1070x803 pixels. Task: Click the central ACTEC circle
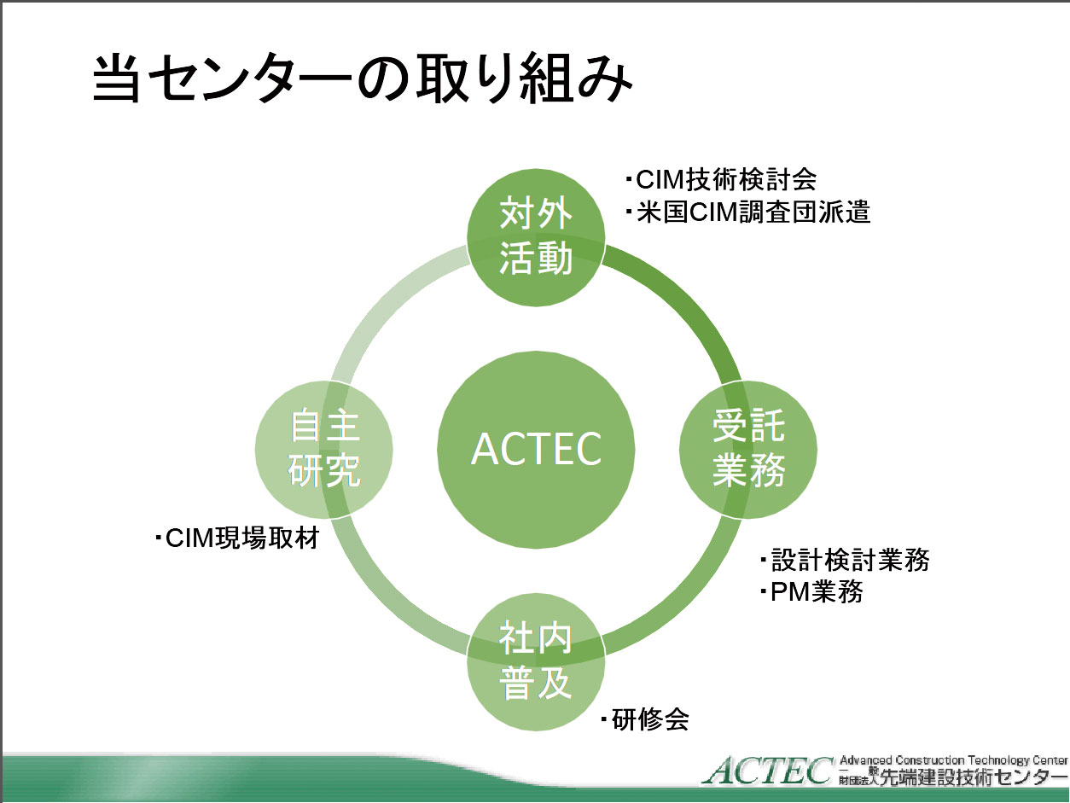point(536,450)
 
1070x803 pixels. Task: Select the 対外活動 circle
point(536,237)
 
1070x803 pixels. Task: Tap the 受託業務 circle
point(748,450)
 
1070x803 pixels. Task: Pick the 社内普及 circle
point(536,662)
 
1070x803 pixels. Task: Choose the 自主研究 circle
point(323,450)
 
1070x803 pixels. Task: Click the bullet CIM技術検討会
point(722,180)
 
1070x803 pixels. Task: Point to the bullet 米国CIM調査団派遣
point(748,213)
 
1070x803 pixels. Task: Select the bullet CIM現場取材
point(237,538)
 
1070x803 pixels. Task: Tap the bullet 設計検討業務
point(845,560)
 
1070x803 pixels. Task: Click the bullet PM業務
point(811,592)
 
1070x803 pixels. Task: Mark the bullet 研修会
point(644,719)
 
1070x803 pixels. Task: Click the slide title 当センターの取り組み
point(362,79)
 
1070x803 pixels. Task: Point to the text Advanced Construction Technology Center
point(954,760)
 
